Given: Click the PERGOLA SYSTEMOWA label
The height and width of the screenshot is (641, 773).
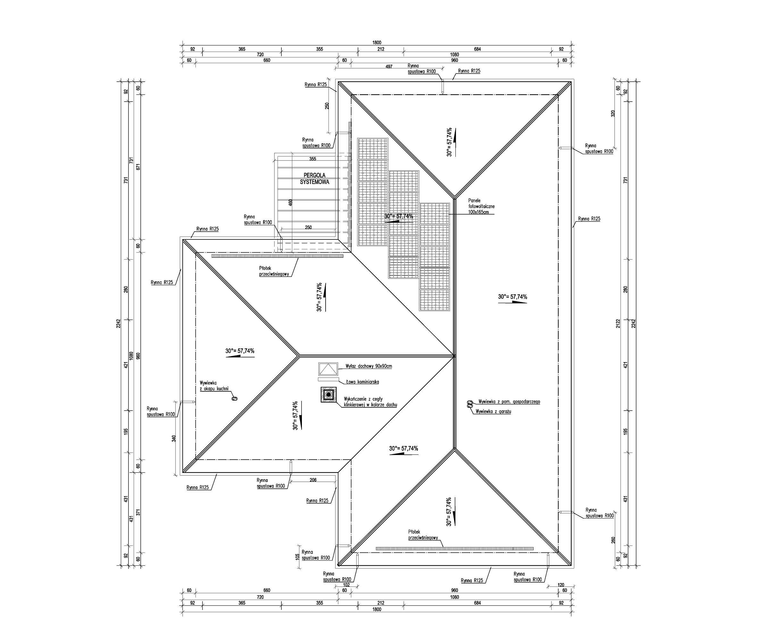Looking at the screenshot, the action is [314, 179].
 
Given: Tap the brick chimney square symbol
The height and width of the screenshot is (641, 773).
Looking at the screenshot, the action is [328, 395].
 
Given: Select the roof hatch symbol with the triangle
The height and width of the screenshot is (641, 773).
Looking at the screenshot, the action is [328, 369].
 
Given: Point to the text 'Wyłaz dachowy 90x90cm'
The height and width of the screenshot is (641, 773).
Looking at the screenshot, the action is [369, 366].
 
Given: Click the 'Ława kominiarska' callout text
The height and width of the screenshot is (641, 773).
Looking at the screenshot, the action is [362, 382].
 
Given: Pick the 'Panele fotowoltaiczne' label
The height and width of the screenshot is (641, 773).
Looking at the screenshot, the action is [481, 206].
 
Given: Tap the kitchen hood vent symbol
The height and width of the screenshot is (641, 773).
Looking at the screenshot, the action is [234, 398].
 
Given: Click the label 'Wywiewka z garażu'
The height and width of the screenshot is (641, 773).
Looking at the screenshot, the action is [493, 411].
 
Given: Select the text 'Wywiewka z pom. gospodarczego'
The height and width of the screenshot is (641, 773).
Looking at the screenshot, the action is [509, 402].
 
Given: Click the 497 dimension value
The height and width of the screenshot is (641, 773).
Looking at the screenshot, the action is [389, 67].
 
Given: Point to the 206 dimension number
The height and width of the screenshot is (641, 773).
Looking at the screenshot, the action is [313, 480].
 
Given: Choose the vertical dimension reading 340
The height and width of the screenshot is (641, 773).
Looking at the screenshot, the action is [174, 438].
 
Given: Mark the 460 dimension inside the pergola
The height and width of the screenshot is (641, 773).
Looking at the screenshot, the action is [290, 203].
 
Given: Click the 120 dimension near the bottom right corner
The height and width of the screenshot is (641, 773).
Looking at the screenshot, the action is [561, 585].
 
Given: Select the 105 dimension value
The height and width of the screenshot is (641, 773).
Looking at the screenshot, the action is [297, 557].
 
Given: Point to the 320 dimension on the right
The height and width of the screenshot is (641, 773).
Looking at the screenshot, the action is [613, 113].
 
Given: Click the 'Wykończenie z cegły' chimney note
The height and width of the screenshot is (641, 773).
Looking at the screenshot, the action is [370, 402].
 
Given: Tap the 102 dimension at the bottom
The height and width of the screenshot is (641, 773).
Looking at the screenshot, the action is [346, 585].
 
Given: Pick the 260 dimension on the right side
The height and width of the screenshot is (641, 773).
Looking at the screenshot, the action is [613, 540].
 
